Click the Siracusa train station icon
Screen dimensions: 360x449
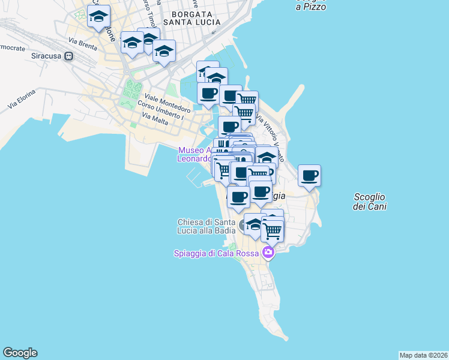pyautogui.click(x=69, y=57)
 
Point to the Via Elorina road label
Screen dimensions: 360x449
pyautogui.click(x=22, y=98)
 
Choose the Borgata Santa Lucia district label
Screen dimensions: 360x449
pyautogui.click(x=195, y=17)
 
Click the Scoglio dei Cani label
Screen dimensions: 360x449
pyautogui.click(x=370, y=202)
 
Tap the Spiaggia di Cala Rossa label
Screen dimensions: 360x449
pyautogui.click(x=216, y=253)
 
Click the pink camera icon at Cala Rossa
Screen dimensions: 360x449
pyautogui.click(x=268, y=253)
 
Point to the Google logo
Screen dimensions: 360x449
pyautogui.click(x=20, y=353)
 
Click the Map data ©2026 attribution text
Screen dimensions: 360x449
pyautogui.click(x=423, y=355)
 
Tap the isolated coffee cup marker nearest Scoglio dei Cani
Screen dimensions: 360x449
pyautogui.click(x=309, y=176)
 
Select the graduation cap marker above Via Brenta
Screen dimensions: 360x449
pyautogui.click(x=98, y=16)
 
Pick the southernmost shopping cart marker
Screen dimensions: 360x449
pyautogui.click(x=273, y=230)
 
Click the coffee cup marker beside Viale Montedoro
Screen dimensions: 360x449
pyautogui.click(x=208, y=94)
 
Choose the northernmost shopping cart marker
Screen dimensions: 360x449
pyautogui.click(x=247, y=100)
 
